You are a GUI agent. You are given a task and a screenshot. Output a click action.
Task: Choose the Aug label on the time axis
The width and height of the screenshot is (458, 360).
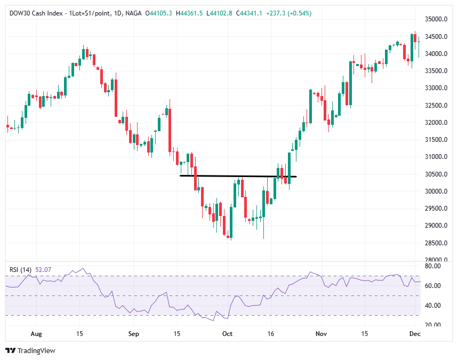point(36,333)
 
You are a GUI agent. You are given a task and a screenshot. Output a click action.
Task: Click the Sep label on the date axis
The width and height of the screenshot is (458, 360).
point(134,333)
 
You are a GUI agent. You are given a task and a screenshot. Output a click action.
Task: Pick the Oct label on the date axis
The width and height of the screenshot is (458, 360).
point(228,333)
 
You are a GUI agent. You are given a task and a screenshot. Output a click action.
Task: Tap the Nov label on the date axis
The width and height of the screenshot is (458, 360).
point(321,333)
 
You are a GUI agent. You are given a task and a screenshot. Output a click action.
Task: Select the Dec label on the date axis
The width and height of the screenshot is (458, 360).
point(415,333)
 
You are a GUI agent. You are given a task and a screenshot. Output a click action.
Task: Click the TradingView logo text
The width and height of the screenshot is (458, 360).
point(36,350)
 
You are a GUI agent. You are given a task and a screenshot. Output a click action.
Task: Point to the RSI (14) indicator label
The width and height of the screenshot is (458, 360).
point(20,270)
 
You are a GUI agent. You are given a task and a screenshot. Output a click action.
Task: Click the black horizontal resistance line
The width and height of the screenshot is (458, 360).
point(238,176)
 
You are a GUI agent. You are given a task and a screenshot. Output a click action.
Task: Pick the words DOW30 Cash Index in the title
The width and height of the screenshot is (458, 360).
point(35,13)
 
